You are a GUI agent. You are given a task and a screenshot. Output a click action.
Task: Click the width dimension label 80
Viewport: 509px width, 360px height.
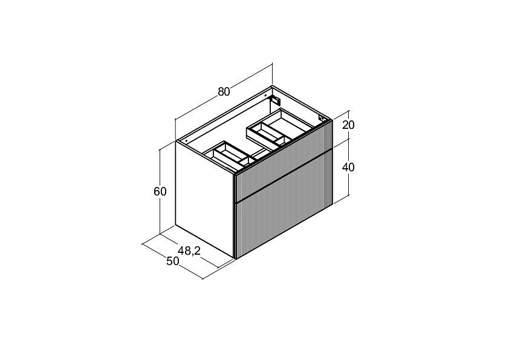(224, 92)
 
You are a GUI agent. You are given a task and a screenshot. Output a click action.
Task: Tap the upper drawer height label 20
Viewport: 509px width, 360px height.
(348, 125)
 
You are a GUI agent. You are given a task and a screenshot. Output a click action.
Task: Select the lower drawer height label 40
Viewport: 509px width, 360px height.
(348, 167)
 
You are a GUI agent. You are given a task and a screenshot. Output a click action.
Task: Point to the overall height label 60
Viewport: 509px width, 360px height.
(160, 191)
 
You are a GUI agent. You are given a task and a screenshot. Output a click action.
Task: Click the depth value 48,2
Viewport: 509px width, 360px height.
(189, 250)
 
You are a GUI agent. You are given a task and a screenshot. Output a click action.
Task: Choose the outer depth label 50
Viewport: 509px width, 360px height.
(173, 261)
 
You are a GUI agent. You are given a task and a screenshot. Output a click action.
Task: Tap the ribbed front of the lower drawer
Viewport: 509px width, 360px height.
(283, 204)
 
